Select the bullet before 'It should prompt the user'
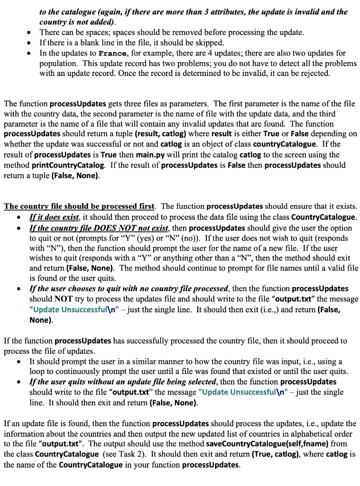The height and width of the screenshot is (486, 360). pyautogui.click(x=18, y=361)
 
